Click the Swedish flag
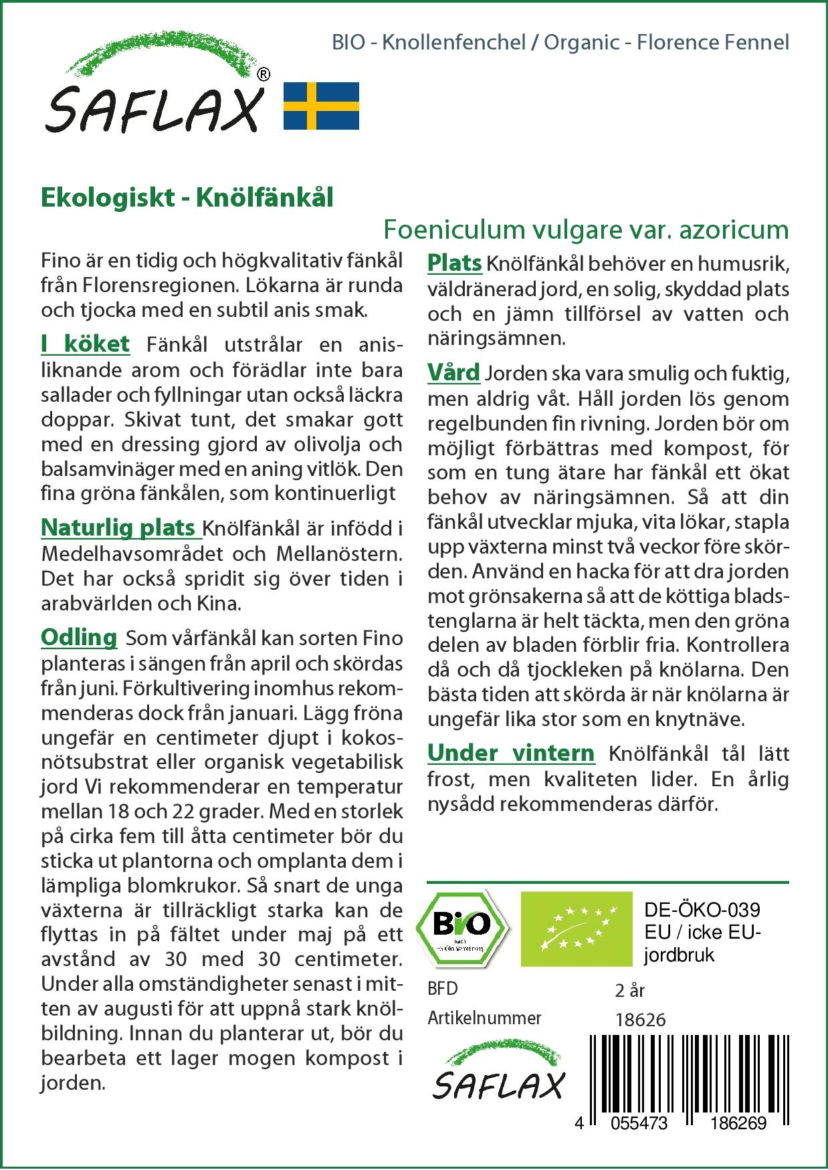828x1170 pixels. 321,106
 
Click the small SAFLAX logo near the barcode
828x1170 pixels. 498,1076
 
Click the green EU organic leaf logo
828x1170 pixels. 576,928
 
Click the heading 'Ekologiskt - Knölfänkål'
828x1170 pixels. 187,198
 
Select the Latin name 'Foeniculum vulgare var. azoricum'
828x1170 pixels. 586,229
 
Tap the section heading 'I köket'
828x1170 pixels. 85,344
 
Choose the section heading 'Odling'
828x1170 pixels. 79,637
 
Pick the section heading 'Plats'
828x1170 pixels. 455,263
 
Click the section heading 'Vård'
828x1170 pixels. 453,372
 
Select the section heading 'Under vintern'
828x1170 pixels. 511,753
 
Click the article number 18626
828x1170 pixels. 640,1020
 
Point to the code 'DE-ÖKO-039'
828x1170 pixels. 702,910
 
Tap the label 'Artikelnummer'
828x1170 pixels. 484,1018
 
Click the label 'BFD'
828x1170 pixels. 443,989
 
